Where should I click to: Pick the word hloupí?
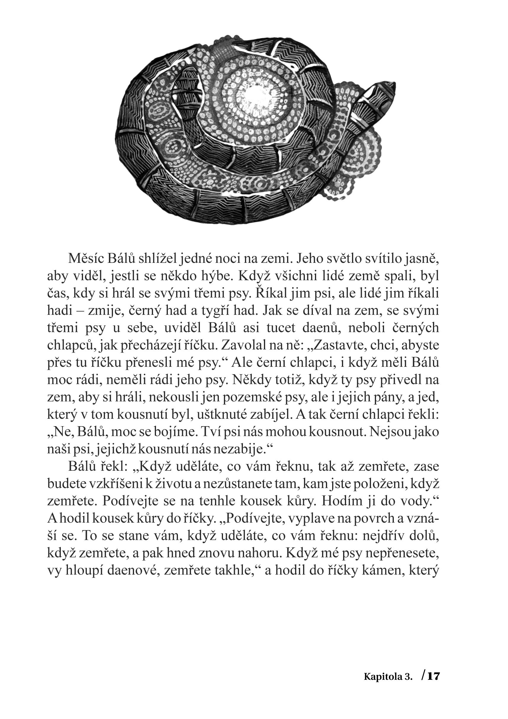(85, 570)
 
